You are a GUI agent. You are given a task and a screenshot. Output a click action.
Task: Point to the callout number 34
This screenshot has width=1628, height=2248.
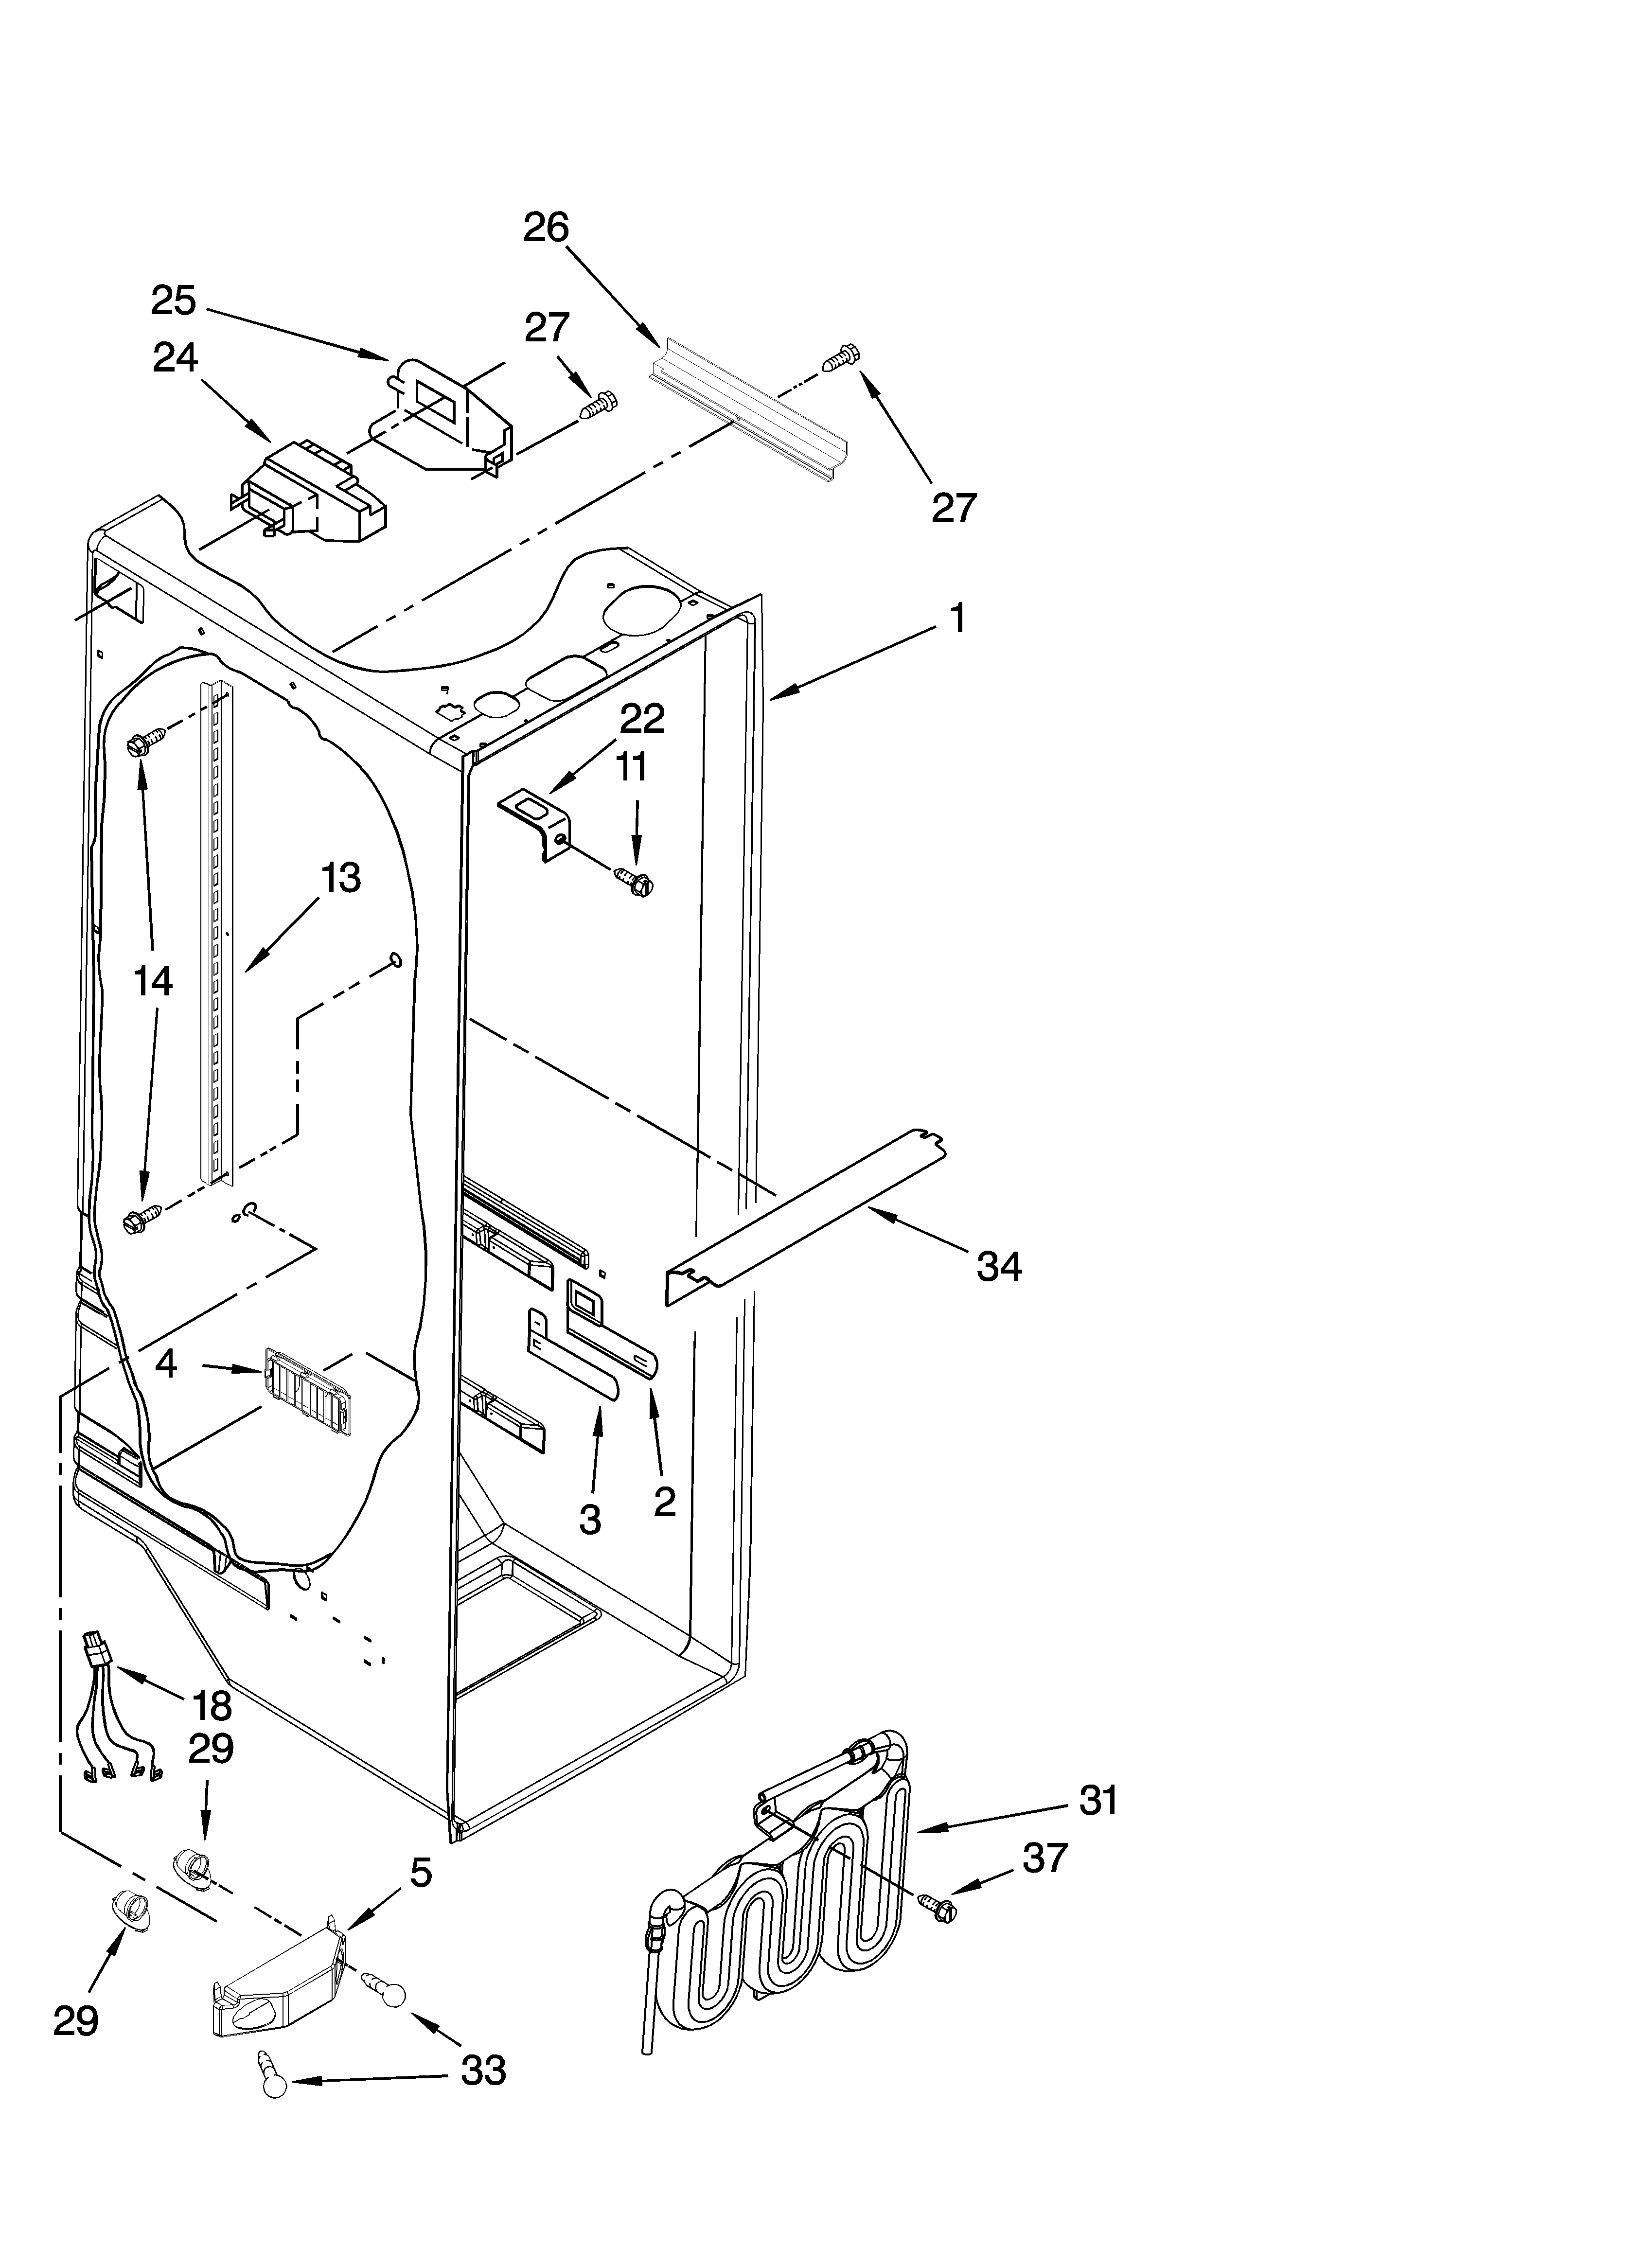[998, 1267]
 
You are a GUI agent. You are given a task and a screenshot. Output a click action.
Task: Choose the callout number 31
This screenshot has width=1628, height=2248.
[1097, 1800]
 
